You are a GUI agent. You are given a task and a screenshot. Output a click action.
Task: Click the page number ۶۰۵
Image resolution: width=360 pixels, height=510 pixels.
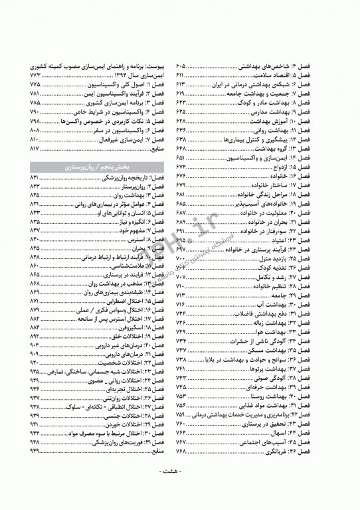point(181,68)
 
